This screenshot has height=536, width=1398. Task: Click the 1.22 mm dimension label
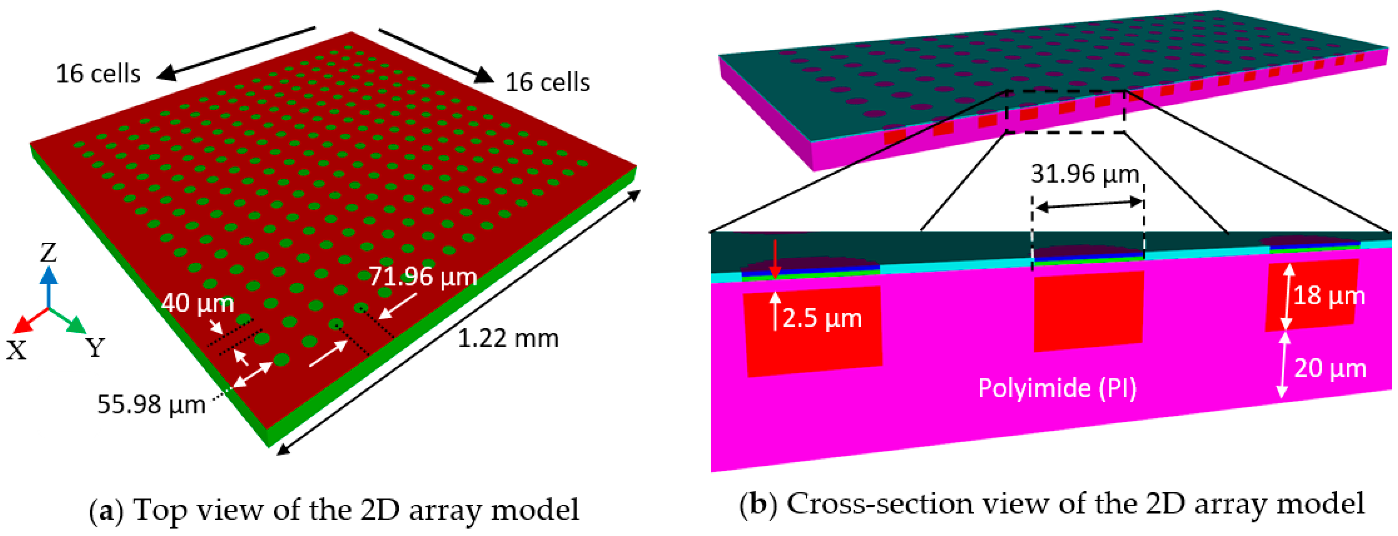pos(508,339)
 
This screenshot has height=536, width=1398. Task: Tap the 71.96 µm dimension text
pos(423,277)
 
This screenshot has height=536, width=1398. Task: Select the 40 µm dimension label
pos(198,303)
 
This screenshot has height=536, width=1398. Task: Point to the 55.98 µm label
pos(151,404)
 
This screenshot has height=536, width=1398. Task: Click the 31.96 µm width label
pos(1085,174)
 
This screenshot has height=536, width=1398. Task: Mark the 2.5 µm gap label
pos(822,318)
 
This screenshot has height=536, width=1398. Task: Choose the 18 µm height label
pos(1329,296)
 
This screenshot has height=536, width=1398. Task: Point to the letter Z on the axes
pos(48,253)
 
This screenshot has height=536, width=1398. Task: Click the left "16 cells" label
pos(98,74)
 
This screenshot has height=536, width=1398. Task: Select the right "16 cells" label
pos(547,83)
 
